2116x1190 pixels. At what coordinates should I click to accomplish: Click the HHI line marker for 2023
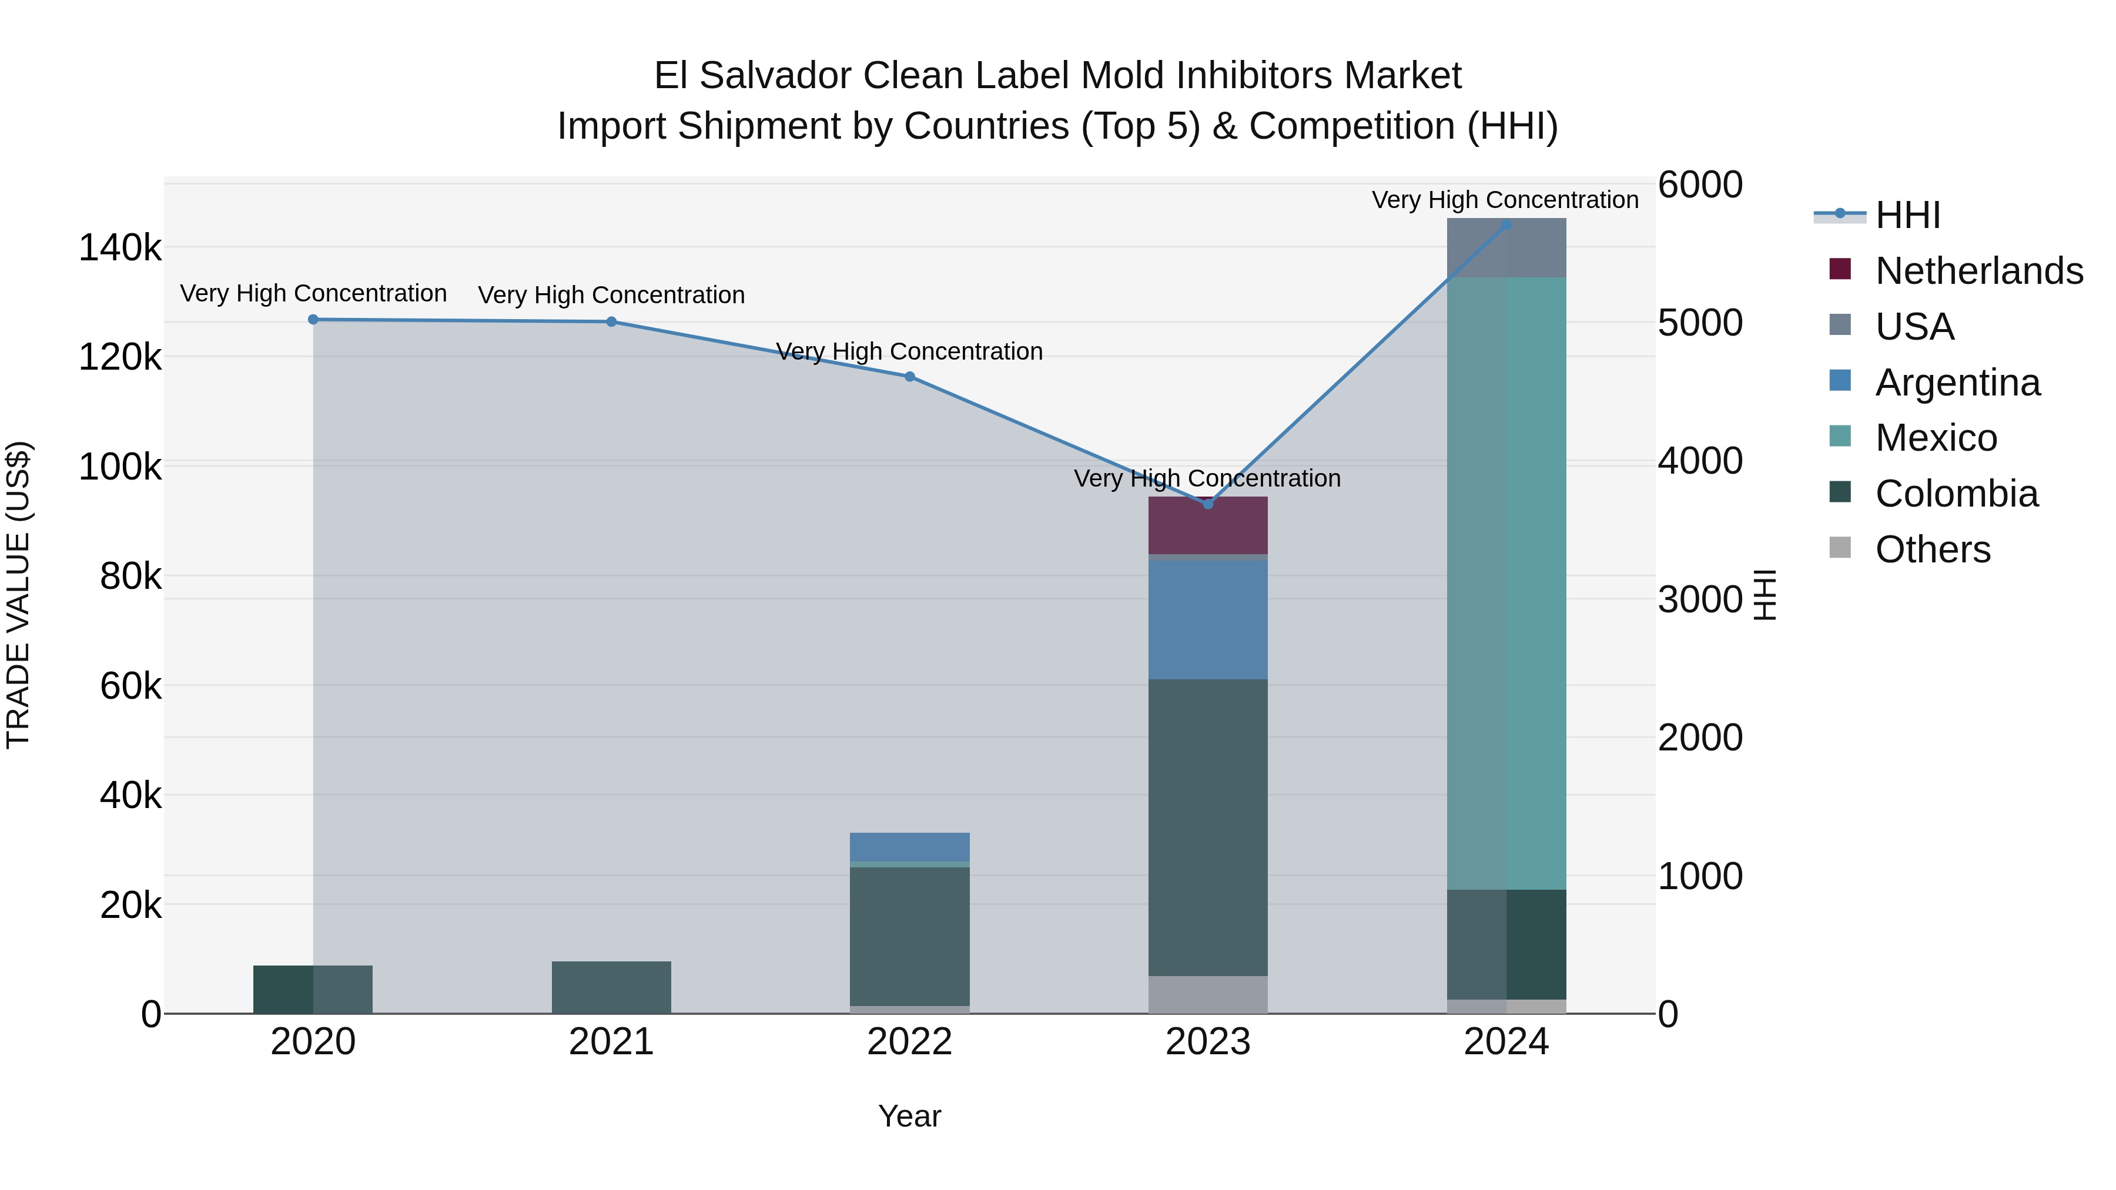[x=1207, y=504]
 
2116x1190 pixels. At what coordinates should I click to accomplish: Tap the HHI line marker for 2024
[x=1506, y=224]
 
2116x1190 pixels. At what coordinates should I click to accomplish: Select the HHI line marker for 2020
[x=313, y=320]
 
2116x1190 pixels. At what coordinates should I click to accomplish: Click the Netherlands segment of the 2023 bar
[x=1207, y=525]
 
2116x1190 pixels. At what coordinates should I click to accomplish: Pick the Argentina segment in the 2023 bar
[x=1207, y=620]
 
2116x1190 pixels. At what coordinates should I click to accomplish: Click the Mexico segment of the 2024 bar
[x=1506, y=583]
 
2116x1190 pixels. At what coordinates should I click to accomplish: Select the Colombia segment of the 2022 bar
[x=909, y=936]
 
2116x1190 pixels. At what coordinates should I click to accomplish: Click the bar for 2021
[x=611, y=987]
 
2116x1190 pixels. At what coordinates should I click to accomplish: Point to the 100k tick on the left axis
[x=120, y=467]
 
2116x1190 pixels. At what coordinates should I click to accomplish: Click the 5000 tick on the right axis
[x=1699, y=323]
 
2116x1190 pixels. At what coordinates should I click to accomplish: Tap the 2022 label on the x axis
[x=909, y=1042]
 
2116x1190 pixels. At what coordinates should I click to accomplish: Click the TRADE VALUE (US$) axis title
[x=19, y=595]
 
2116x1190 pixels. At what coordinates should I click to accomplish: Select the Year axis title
[x=909, y=1116]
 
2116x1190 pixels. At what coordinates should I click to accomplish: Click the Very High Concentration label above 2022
[x=909, y=351]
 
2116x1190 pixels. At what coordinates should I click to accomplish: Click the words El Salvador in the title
[x=754, y=76]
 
